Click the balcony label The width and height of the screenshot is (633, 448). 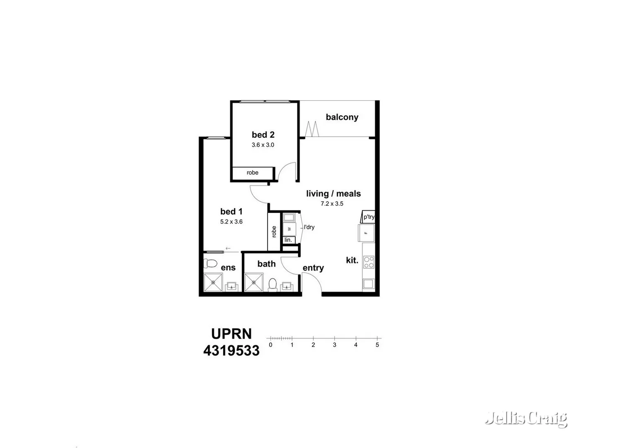(342, 117)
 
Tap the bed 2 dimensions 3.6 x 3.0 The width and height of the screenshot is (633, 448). (263, 145)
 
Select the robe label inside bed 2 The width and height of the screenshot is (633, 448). (252, 173)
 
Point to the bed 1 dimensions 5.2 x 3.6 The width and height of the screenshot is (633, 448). (231, 222)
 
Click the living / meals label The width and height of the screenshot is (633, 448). (333, 194)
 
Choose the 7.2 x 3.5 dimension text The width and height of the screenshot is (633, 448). (332, 204)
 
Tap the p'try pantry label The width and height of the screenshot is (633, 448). (369, 217)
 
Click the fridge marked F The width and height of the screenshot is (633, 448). (366, 233)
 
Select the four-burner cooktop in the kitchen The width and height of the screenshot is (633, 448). (368, 262)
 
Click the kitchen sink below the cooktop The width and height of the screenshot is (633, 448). (368, 284)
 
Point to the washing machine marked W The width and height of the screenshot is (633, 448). (289, 229)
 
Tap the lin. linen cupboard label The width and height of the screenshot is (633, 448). (288, 240)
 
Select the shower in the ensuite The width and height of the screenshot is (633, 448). (213, 282)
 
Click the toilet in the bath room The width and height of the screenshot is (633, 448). (273, 285)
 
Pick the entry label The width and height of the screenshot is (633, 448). (313, 268)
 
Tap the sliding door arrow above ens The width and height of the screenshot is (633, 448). (228, 248)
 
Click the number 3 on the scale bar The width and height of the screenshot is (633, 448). (334, 345)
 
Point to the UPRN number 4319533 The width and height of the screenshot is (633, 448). (231, 351)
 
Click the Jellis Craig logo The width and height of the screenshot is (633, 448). (526, 419)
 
